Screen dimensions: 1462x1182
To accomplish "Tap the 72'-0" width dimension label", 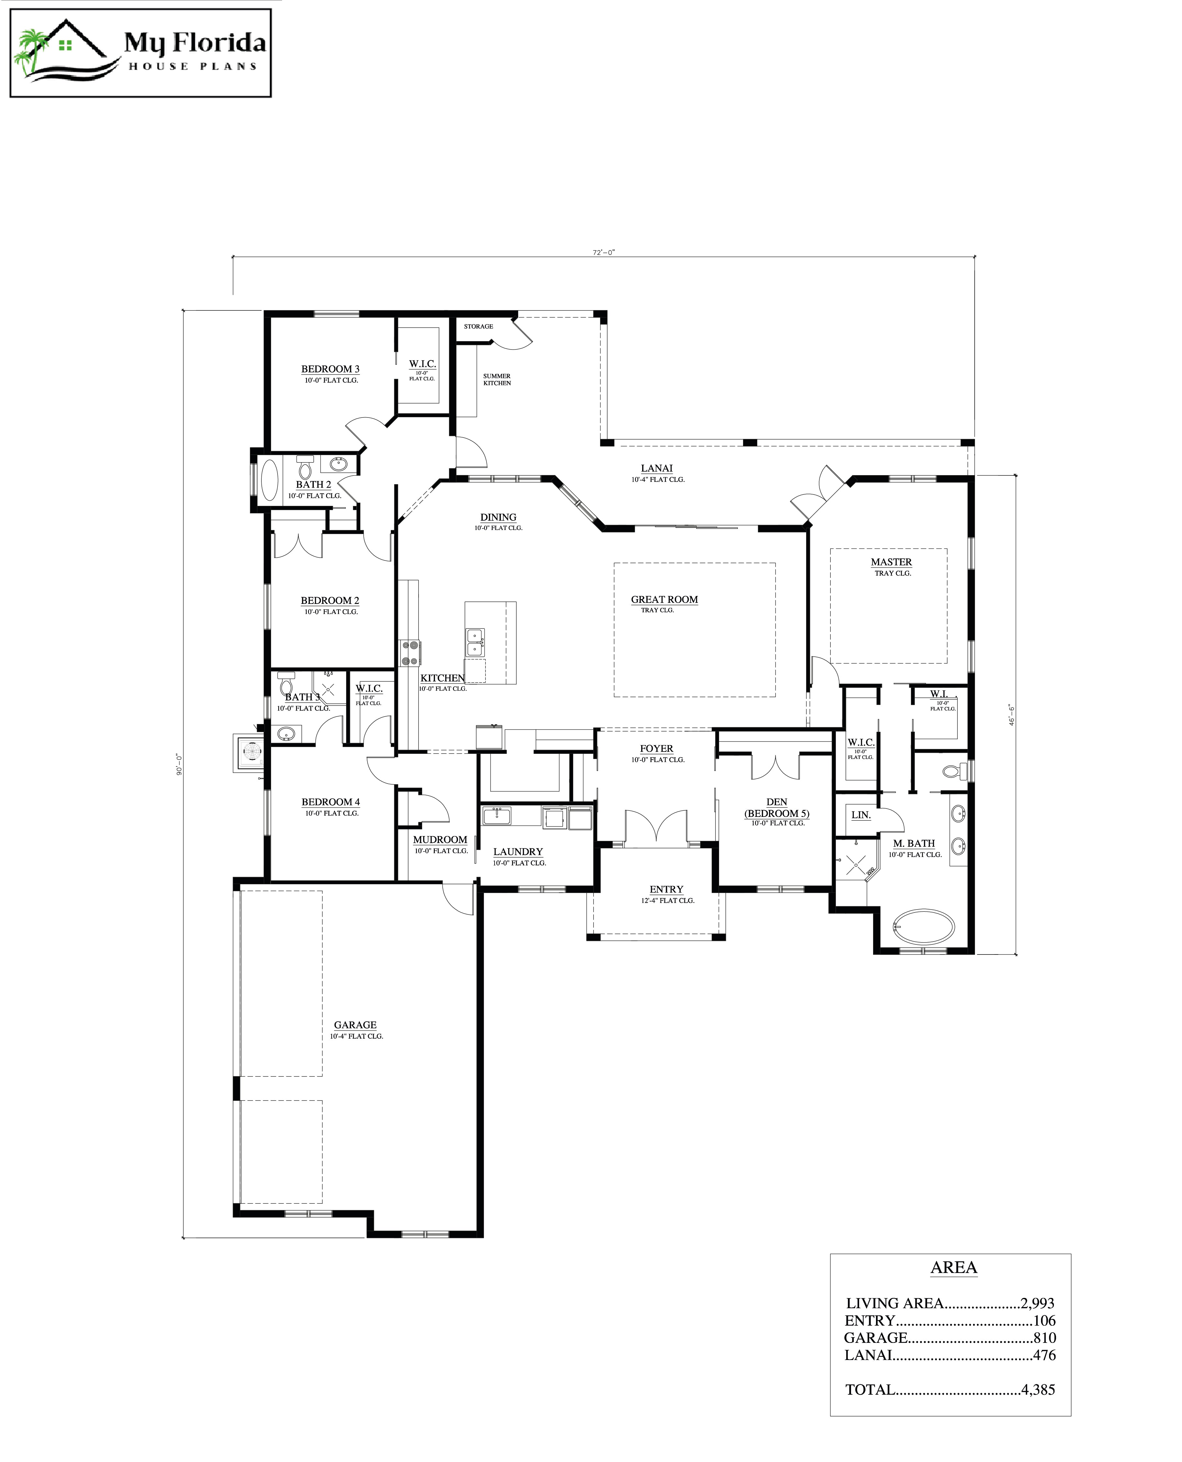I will (603, 252).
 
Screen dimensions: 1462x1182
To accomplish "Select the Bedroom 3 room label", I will (330, 369).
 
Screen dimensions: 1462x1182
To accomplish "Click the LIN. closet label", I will (861, 815).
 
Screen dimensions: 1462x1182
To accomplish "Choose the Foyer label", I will (656, 749).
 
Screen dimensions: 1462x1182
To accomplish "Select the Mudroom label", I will (440, 840).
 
